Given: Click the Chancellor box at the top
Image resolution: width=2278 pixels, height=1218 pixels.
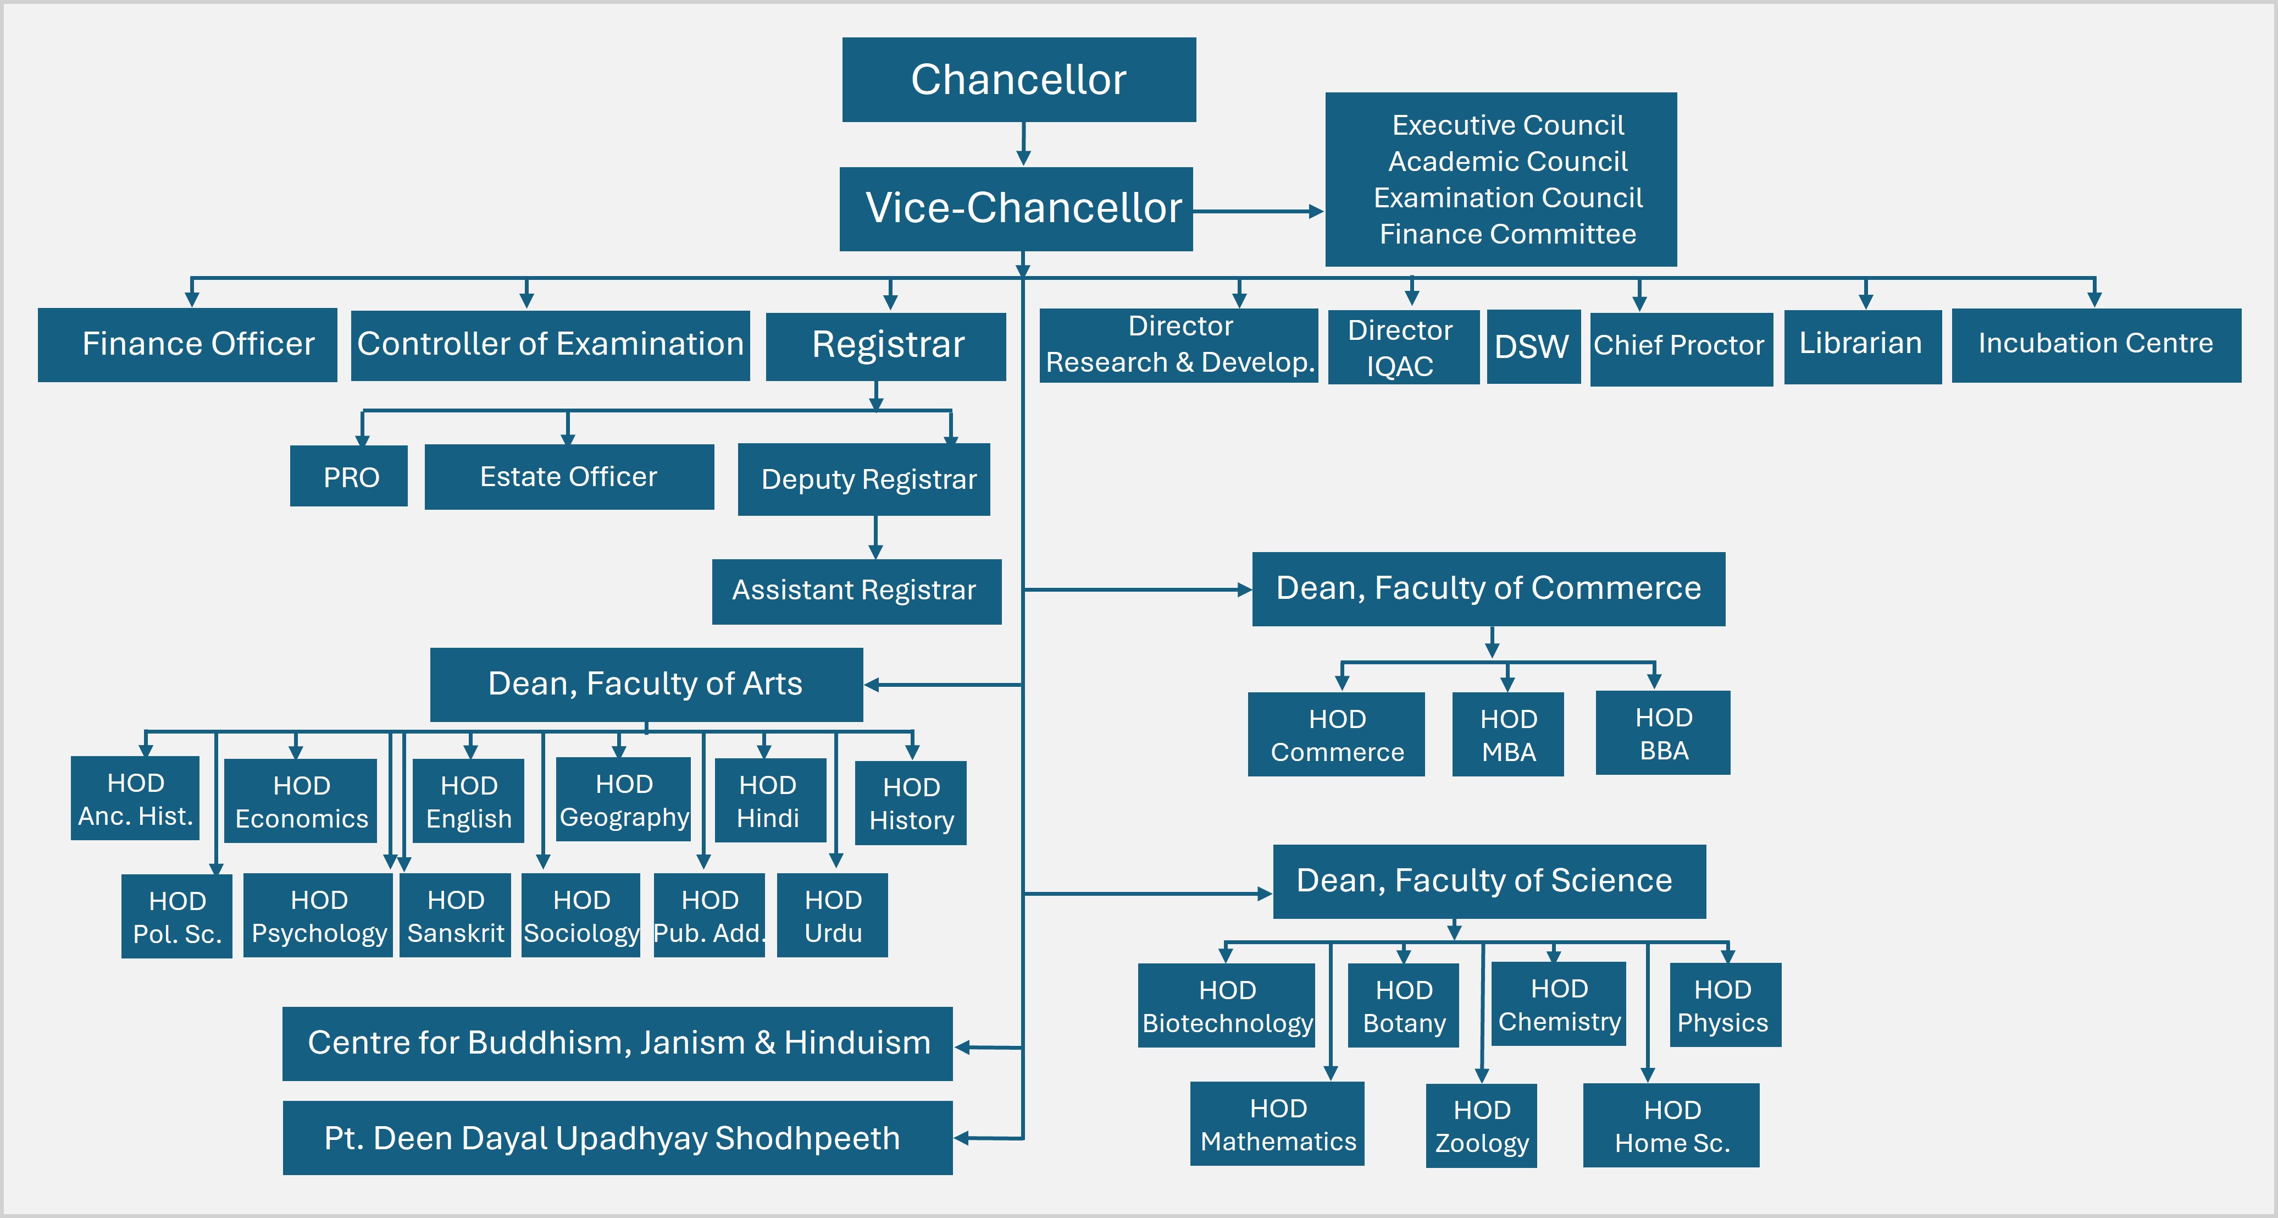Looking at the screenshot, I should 1019,80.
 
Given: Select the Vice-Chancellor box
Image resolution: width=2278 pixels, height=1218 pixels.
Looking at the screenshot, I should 1017,209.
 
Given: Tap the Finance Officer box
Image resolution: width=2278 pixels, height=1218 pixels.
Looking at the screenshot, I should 187,344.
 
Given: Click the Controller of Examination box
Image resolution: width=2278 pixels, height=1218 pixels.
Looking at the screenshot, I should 550,345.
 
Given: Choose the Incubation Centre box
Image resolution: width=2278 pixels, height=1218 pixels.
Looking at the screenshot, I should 2095,345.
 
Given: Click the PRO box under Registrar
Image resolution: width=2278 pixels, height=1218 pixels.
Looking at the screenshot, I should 350,477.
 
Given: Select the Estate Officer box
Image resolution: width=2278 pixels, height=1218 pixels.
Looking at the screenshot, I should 569,477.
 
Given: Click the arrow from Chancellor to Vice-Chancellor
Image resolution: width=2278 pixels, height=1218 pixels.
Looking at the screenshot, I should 1023,144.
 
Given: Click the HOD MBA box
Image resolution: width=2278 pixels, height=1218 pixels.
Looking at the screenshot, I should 1507,734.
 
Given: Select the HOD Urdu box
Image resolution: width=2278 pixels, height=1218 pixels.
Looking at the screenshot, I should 832,916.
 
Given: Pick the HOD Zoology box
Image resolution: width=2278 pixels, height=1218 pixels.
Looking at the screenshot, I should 1481,1125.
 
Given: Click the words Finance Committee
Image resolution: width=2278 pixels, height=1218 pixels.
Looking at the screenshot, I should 1507,234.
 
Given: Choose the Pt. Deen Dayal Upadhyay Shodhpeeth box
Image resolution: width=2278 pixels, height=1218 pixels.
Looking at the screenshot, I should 617,1138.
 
